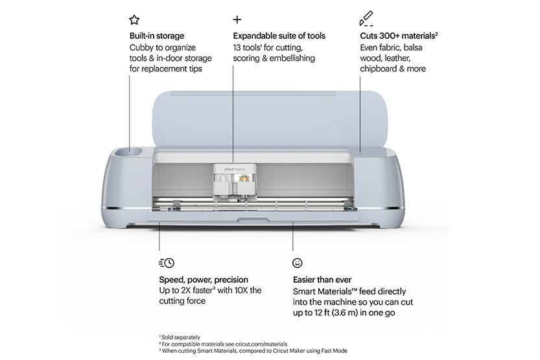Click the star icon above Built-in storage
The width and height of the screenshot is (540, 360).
(x=134, y=19)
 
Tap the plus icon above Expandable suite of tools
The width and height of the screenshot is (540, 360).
(x=237, y=19)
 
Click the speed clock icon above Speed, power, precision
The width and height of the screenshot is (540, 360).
(x=166, y=263)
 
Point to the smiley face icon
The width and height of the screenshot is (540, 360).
(x=298, y=263)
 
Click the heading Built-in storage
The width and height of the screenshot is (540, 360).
(x=156, y=36)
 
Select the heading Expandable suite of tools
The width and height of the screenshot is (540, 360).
(x=279, y=36)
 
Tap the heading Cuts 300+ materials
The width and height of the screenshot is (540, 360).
(x=399, y=36)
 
